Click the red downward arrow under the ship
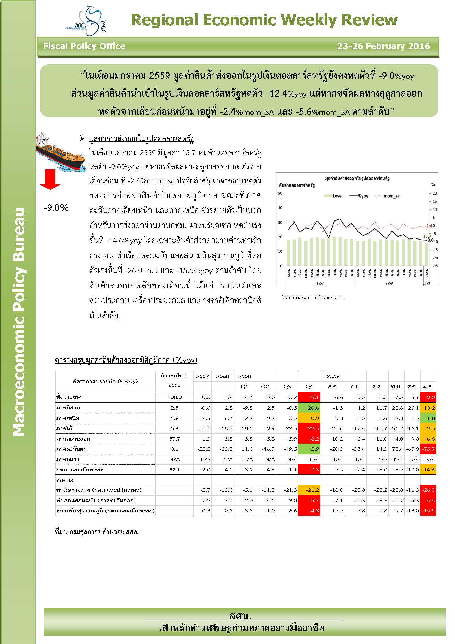point(50,179)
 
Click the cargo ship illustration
point(60,152)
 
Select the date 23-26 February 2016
point(383,46)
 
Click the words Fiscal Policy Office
point(84,46)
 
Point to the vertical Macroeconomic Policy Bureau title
point(19,321)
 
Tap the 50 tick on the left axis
point(280,193)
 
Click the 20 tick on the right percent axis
point(435,193)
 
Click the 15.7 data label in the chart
point(427,236)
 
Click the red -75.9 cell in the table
point(429,449)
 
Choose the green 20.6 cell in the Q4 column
point(309,408)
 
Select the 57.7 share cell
point(175,439)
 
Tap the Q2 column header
point(265,387)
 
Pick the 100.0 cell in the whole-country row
point(175,397)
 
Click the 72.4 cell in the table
point(397,449)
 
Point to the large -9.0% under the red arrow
point(56,208)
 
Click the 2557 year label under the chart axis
point(320,283)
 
